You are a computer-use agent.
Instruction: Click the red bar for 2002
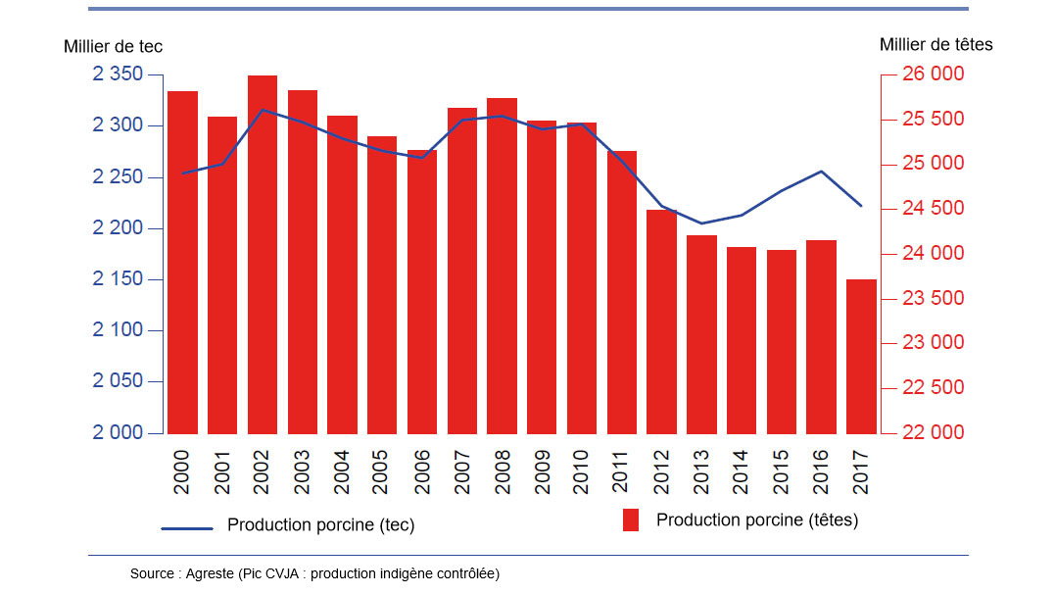click(263, 255)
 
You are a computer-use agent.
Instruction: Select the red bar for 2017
click(861, 357)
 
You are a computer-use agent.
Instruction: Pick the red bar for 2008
click(502, 266)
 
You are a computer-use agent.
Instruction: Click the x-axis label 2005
click(382, 471)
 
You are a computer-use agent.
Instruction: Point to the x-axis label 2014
click(742, 471)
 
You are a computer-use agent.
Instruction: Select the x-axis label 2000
click(182, 471)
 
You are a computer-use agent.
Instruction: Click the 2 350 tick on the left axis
click(118, 75)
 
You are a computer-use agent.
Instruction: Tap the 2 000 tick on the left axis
click(118, 433)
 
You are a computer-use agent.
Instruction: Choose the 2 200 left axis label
click(118, 228)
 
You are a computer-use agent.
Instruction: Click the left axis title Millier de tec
click(113, 46)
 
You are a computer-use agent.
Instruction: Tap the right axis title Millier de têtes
click(935, 44)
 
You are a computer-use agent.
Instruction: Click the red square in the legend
click(631, 520)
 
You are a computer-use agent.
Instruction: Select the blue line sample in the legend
click(186, 528)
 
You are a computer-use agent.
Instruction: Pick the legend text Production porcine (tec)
click(320, 525)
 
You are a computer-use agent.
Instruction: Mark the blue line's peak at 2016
click(821, 172)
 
